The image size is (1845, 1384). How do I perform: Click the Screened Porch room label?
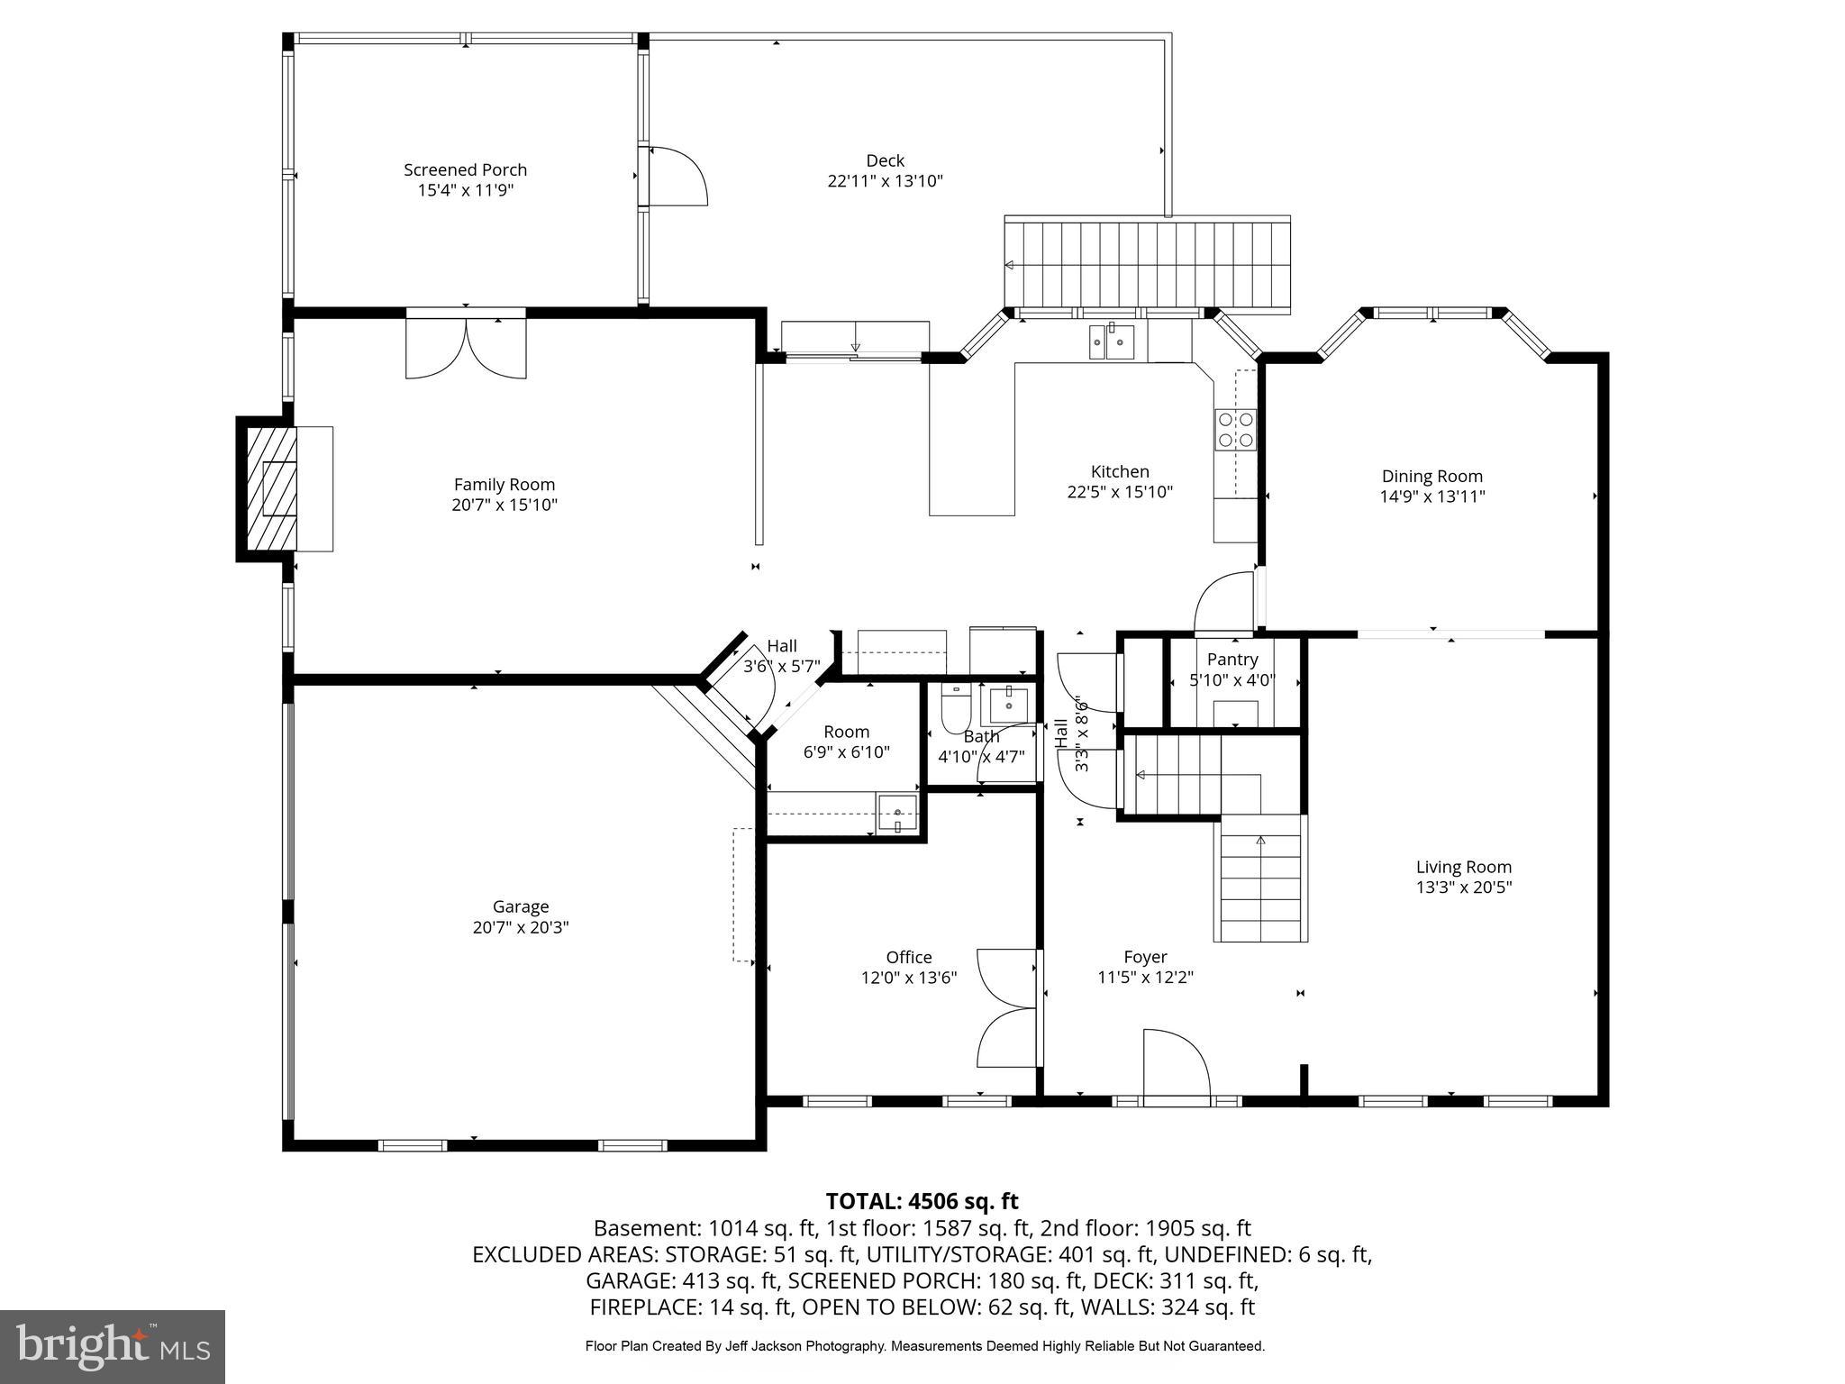coord(465,169)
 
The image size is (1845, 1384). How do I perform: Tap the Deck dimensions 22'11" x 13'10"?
coord(885,181)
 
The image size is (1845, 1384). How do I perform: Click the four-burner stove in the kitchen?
coord(1235,429)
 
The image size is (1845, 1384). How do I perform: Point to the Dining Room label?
coord(1431,476)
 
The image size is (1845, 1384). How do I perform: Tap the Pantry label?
coord(1232,660)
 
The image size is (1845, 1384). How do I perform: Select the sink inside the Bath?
coord(1009,705)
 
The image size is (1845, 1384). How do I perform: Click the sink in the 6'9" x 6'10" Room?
coord(898,813)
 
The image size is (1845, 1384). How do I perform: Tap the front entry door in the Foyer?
coord(1175,1068)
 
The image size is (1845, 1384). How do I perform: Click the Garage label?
coord(521,906)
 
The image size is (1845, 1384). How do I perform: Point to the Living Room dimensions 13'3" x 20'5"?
coord(1463,887)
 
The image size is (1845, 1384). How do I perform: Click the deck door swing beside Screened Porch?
coord(677,177)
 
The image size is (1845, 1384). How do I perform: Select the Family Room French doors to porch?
coord(466,347)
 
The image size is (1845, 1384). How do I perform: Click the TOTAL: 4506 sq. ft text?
coord(922,1201)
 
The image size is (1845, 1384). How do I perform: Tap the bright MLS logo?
coord(113,1346)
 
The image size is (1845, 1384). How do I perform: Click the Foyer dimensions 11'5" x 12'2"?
coord(1145,977)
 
